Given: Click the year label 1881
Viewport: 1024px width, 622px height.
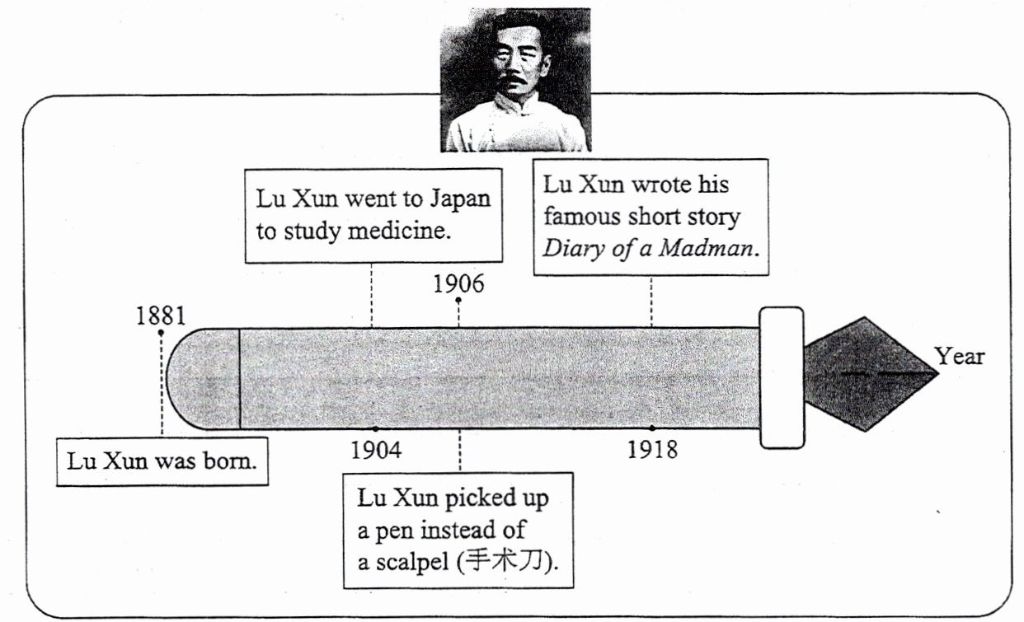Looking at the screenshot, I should click(161, 316).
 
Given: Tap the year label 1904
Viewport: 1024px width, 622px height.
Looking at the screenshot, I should click(376, 450).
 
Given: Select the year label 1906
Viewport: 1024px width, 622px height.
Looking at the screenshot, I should click(458, 284).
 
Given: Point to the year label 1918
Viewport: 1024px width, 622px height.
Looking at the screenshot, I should click(651, 450).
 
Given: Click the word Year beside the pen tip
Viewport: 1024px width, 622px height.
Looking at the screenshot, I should click(959, 357).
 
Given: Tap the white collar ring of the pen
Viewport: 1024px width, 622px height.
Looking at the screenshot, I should click(781, 377).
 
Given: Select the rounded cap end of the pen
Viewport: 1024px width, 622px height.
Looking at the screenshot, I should click(202, 378).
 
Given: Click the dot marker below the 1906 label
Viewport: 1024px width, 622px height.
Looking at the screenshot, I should click(458, 301).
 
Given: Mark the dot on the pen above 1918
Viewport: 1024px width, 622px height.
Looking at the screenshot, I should click(651, 428).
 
